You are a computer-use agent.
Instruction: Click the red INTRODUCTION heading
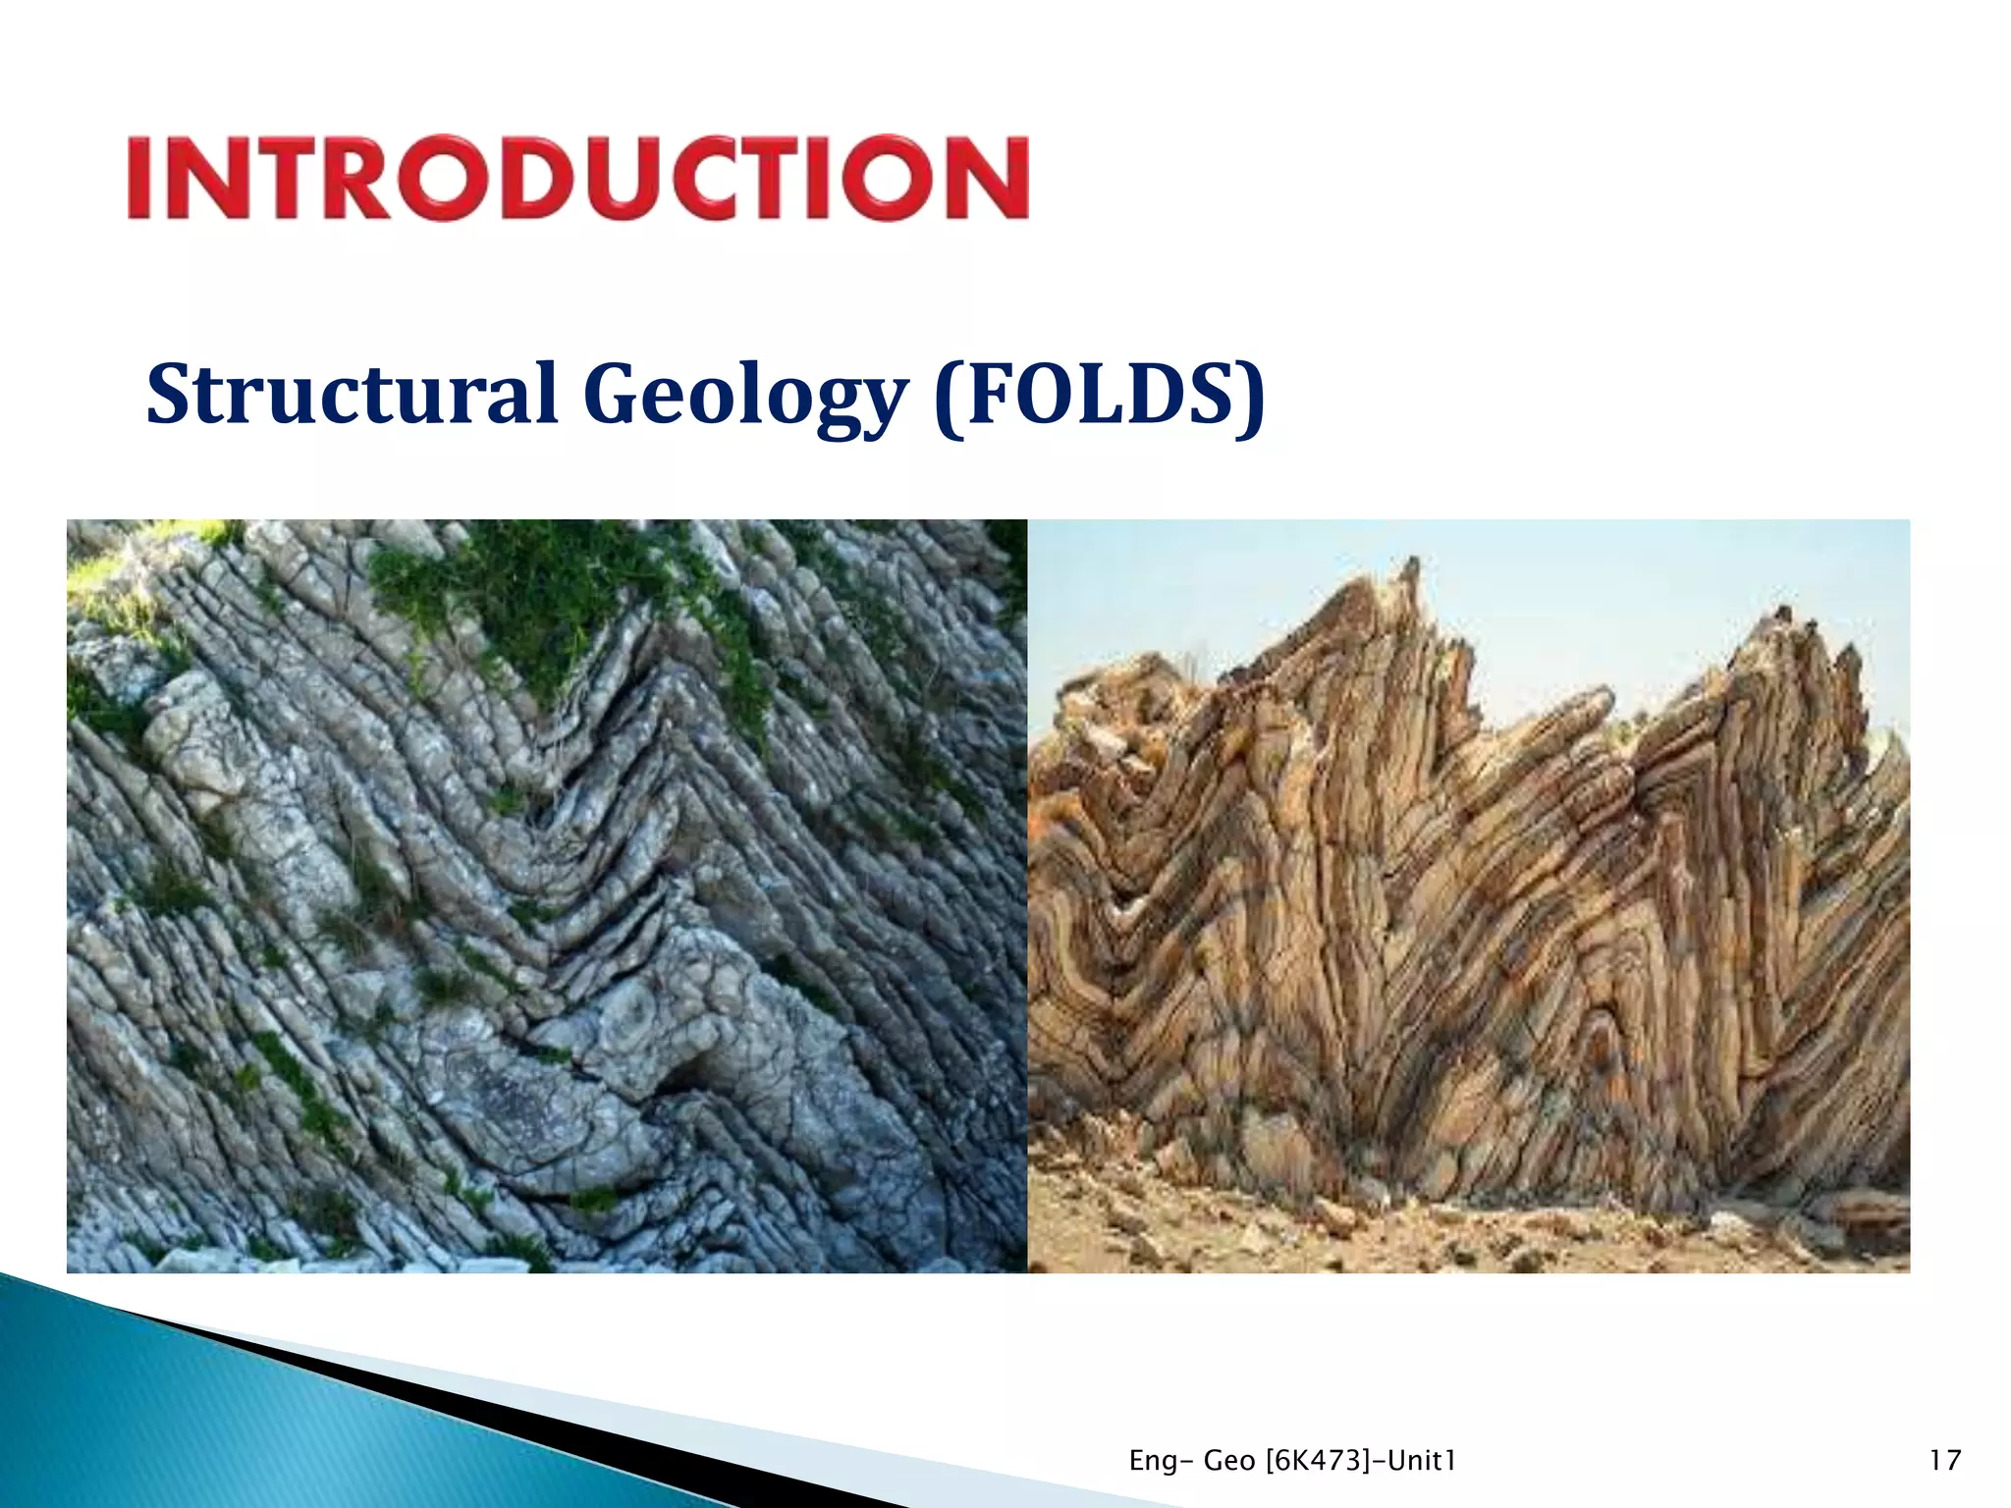(x=577, y=178)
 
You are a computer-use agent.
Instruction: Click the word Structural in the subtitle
(x=352, y=394)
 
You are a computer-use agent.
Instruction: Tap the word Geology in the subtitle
(x=742, y=396)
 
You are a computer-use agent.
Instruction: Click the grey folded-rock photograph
(x=546, y=895)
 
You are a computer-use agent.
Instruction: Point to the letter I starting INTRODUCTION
(x=141, y=178)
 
